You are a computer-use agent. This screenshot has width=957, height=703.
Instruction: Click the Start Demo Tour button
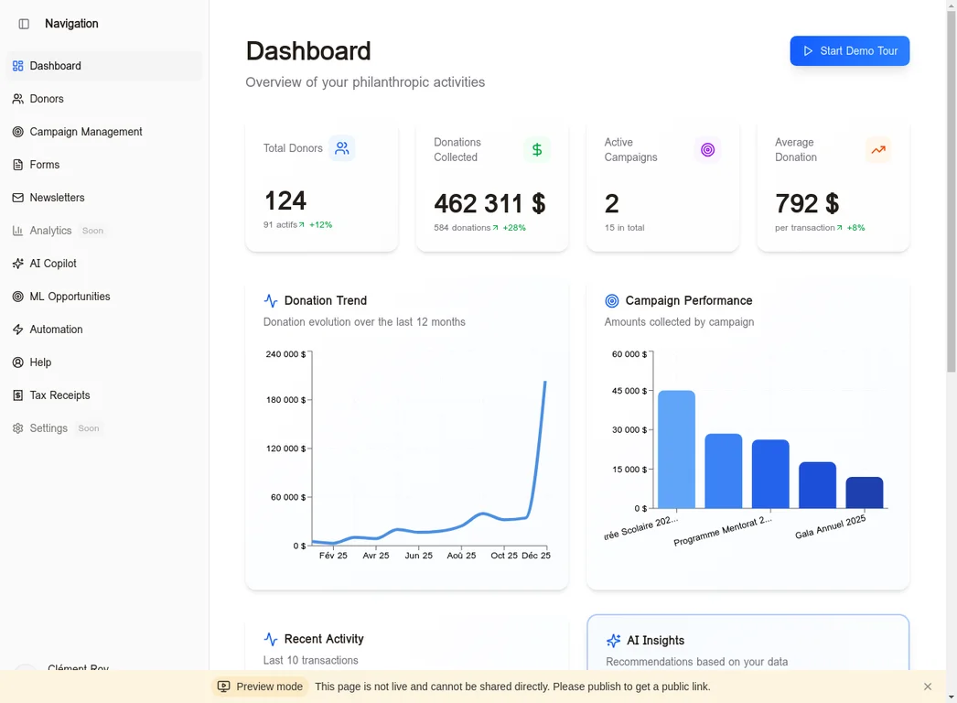click(849, 51)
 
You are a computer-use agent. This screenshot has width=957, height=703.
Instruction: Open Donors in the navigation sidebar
click(47, 99)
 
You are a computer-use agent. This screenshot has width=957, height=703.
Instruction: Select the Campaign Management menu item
click(85, 132)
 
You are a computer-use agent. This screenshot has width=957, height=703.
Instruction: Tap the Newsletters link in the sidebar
click(57, 198)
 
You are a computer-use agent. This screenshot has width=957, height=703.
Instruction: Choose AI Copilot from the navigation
click(53, 264)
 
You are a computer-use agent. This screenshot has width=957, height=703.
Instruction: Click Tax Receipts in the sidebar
click(59, 395)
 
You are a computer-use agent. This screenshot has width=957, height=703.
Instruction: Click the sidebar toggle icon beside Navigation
click(24, 24)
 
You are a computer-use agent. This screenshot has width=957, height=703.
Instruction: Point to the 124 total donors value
click(285, 200)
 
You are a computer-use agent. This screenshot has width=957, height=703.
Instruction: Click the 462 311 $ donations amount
click(489, 203)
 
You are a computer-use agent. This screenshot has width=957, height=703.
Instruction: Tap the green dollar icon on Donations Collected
click(537, 149)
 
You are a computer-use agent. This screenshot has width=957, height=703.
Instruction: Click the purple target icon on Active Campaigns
click(707, 149)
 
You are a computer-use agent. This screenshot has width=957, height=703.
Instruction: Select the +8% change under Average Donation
click(855, 228)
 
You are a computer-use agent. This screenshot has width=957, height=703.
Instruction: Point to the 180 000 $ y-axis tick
click(285, 400)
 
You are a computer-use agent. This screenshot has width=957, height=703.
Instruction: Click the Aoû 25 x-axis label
click(461, 556)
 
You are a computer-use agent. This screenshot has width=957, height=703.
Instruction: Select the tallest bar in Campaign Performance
click(676, 449)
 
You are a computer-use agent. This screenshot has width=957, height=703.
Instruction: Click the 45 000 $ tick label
click(629, 391)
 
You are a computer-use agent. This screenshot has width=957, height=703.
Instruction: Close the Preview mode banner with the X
click(927, 687)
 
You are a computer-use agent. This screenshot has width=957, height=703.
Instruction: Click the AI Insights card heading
click(655, 641)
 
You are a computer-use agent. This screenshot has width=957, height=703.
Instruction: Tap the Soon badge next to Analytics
click(92, 231)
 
